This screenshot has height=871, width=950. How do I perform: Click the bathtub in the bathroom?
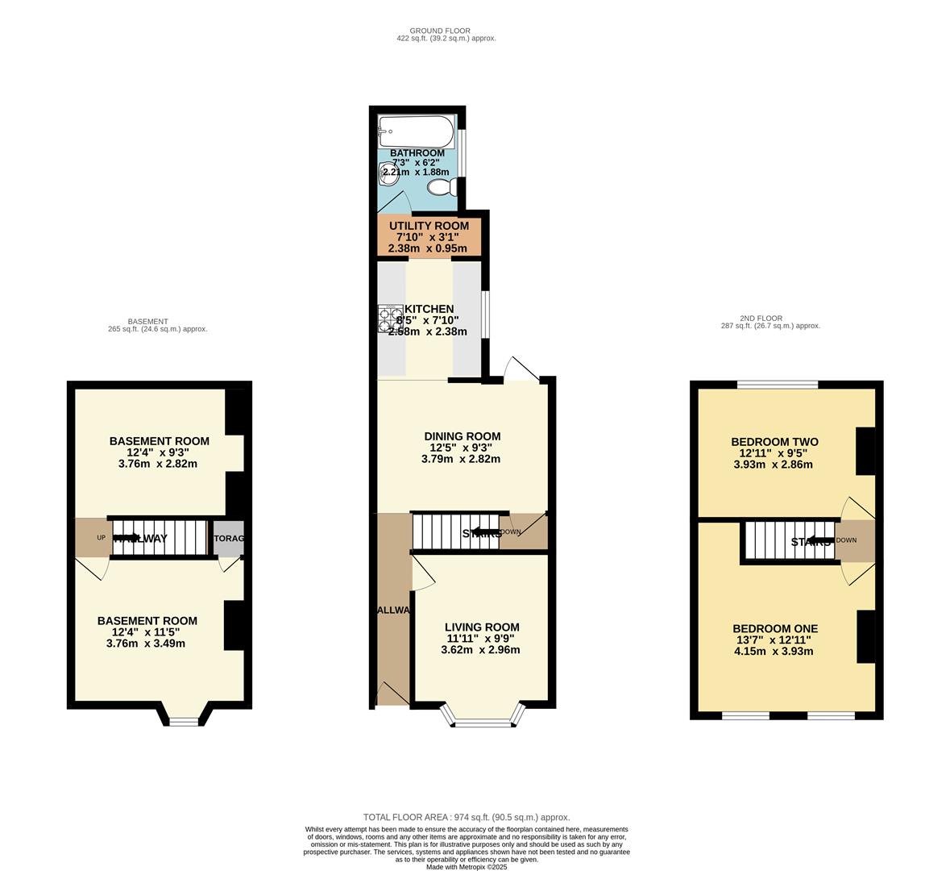point(416,130)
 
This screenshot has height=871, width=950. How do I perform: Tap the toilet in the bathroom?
point(442,188)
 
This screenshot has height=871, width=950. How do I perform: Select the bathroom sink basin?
point(384,172)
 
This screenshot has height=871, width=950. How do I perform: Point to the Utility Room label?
point(429,226)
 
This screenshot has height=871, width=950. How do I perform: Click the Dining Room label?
point(463,436)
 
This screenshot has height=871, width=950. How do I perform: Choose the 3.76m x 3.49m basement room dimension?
point(146,644)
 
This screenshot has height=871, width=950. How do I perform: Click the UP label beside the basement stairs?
point(101,538)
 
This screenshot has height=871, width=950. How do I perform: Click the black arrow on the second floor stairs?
point(819,541)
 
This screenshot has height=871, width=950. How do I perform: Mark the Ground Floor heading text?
point(439,31)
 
